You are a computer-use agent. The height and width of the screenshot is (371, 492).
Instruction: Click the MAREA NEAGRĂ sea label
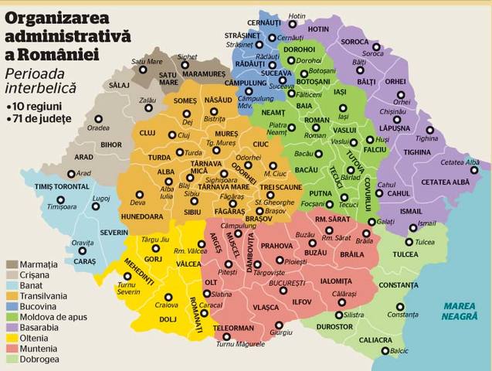point(459,311)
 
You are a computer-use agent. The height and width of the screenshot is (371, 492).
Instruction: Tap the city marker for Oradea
point(98,119)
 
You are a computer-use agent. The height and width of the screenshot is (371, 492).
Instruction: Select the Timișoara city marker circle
point(60,198)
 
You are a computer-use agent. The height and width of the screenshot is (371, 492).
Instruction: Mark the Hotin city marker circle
point(283,15)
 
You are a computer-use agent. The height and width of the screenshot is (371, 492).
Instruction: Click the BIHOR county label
point(90,145)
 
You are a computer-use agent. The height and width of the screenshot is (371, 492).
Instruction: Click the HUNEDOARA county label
point(142,217)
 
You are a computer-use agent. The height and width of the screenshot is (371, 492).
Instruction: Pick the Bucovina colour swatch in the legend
point(12,306)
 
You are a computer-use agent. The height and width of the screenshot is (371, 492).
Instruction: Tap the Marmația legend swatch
point(12,264)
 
